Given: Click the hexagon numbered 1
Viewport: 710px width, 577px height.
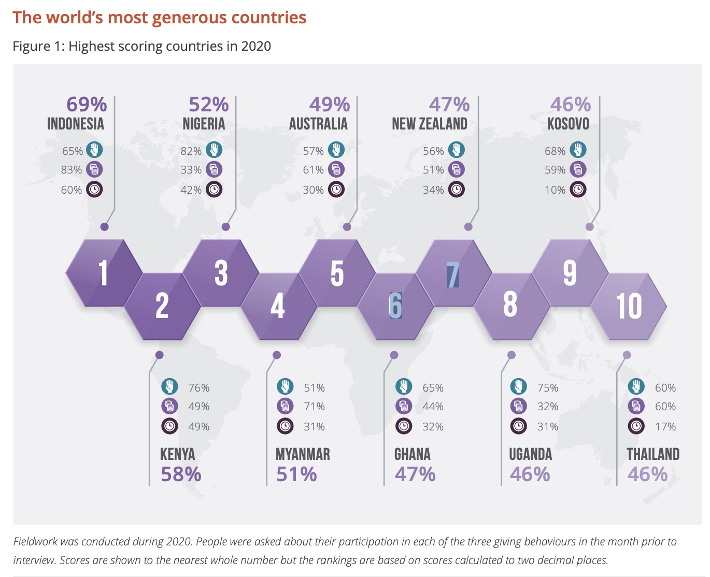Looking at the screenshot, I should click(104, 272).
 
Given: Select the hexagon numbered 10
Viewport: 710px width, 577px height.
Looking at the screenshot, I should click(629, 306).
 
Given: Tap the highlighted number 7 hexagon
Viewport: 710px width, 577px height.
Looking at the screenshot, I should click(453, 274).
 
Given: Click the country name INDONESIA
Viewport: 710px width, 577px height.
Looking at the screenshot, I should click(76, 124).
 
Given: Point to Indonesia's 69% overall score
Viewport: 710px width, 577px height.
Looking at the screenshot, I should click(87, 105).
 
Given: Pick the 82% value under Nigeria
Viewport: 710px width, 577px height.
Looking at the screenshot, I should click(191, 151).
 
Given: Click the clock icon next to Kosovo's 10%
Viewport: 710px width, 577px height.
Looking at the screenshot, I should click(578, 190).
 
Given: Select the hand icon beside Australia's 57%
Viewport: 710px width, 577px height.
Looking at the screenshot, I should click(336, 150).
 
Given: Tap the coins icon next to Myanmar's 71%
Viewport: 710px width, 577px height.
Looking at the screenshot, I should click(285, 406).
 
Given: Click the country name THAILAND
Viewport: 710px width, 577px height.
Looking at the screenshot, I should click(653, 454).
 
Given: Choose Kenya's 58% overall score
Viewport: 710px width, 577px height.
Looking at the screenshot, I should click(181, 474).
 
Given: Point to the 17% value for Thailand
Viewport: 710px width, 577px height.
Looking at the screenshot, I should click(665, 427).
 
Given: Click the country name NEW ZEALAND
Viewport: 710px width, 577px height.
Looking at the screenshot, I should click(430, 124).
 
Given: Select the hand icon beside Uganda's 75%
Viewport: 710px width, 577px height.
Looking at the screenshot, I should click(518, 387).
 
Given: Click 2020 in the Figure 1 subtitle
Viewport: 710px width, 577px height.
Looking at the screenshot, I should click(256, 46).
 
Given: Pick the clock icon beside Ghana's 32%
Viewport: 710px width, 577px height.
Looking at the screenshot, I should click(404, 426).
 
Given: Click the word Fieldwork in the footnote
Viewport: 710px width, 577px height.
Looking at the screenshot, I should click(35, 542).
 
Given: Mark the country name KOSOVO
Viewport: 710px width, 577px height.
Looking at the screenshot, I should click(568, 124).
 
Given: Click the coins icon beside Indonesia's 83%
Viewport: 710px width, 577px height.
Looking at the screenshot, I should click(94, 169).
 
